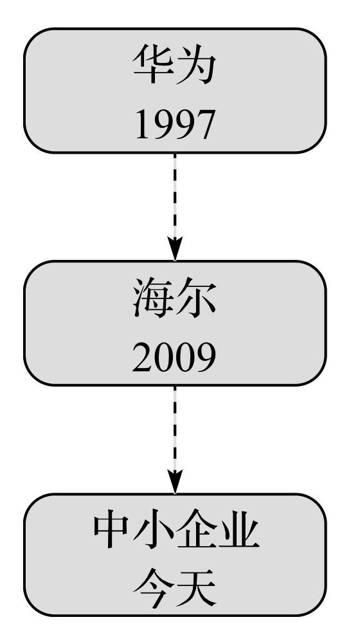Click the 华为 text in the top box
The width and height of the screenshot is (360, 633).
[x=175, y=64]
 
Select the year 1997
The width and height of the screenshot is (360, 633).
[x=174, y=125]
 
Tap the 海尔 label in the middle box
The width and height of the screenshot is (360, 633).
[x=175, y=297]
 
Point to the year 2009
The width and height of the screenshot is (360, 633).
[x=174, y=358]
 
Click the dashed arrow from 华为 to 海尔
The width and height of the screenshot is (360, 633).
[x=175, y=207]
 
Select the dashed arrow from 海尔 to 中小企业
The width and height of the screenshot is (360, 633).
[x=175, y=439]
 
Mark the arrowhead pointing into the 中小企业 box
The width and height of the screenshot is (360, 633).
[x=175, y=482]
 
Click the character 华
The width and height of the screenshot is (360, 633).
[x=154, y=64]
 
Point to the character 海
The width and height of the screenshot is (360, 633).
[x=153, y=297]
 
